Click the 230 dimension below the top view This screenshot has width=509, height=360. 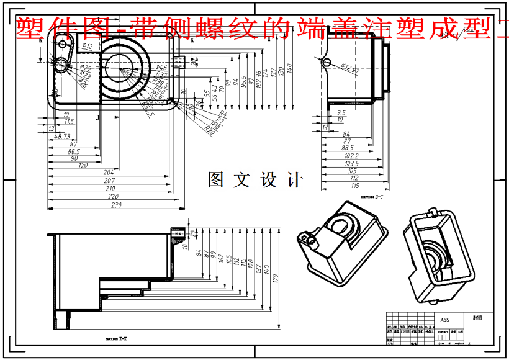click(115, 205)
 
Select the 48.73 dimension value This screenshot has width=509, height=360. click(63, 137)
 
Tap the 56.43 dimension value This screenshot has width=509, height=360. click(214, 92)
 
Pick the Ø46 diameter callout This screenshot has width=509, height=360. click(161, 67)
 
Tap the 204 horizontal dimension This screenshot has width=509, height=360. click(109, 172)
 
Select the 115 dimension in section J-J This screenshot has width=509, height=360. click(354, 185)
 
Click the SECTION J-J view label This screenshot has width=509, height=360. click(372, 197)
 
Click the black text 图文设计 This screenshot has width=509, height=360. click(255, 180)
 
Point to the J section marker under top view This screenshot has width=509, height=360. click(97, 116)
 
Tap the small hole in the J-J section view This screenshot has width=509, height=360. click(327, 62)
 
